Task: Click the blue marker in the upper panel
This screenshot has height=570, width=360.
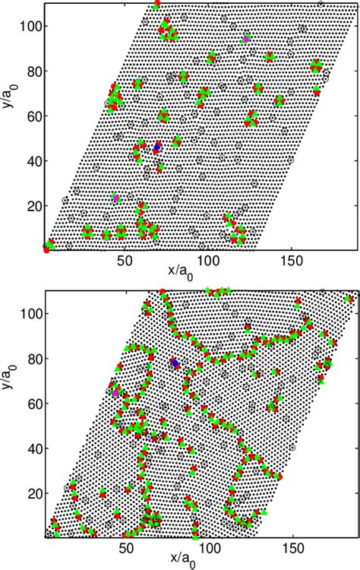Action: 157,146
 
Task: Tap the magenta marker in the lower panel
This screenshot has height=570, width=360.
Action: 115,393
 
